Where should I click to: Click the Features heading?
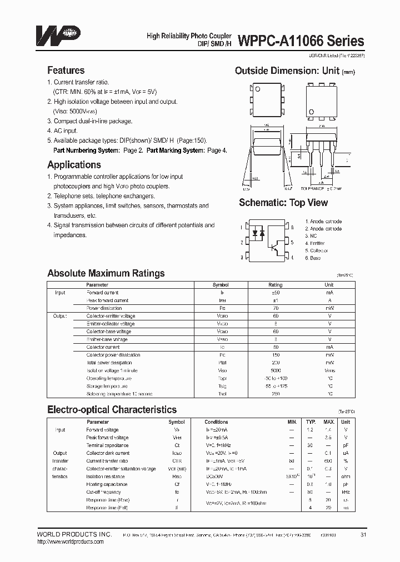[66, 71]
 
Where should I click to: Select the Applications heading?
[74, 164]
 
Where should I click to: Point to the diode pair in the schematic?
[258, 234]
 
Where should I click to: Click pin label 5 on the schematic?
[292, 242]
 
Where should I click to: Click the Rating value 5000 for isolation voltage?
[276, 370]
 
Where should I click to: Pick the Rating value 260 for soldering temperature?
[276, 394]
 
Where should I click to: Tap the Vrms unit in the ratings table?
[329, 370]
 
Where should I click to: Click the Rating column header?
[276, 284]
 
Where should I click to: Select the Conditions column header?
[216, 422]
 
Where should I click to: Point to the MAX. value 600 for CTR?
[328, 461]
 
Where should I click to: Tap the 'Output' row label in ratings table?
[59, 316]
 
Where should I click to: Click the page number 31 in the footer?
[363, 534]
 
